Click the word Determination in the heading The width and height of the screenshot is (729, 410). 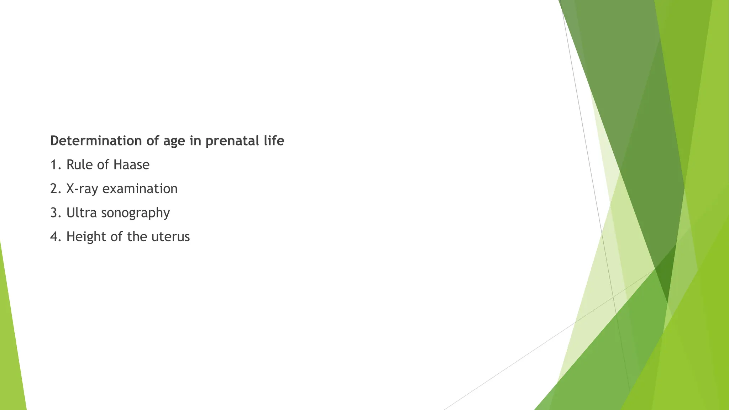[96, 141]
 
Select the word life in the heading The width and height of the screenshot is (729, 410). [274, 141]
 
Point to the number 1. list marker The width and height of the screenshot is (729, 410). [56, 165]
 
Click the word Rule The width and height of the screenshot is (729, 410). [79, 165]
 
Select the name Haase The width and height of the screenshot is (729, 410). [131, 165]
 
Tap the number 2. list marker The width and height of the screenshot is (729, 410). [56, 189]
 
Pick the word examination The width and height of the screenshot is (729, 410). [140, 189]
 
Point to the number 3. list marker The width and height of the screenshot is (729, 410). [56, 213]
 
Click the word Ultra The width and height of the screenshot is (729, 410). [82, 213]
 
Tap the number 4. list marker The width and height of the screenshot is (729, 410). [56, 237]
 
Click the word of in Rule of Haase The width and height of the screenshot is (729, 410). [103, 165]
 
